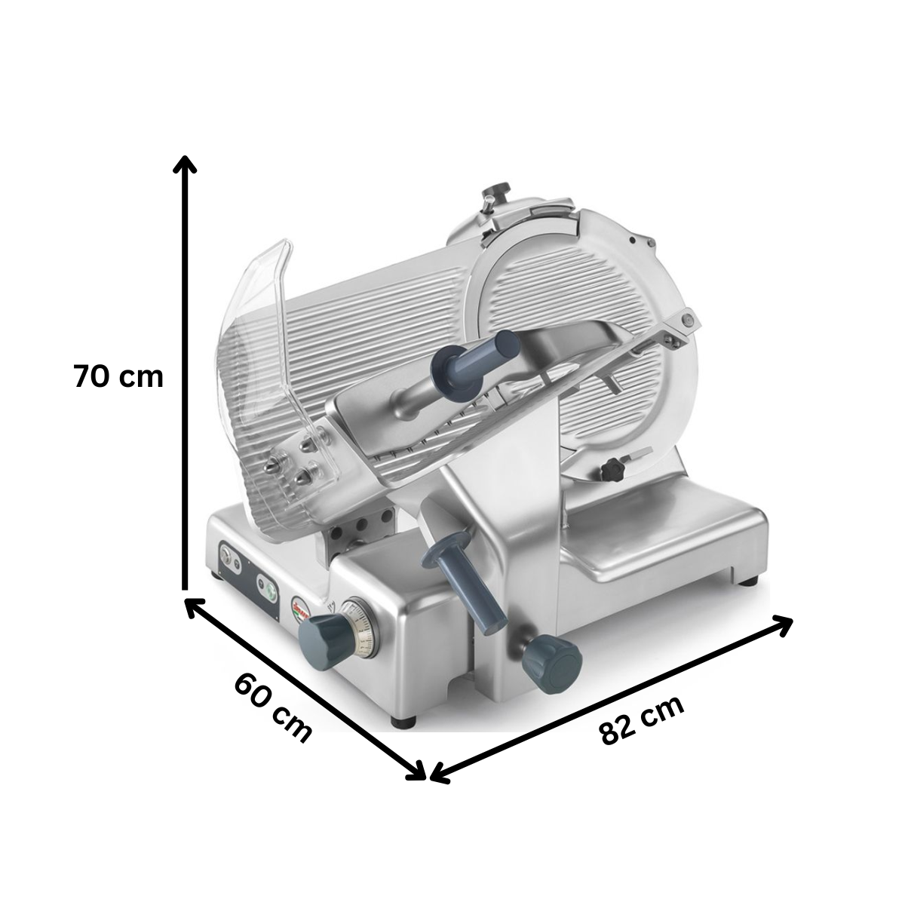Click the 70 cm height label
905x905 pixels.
[118, 376]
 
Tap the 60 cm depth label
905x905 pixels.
[272, 707]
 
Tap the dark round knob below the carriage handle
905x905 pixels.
[553, 661]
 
